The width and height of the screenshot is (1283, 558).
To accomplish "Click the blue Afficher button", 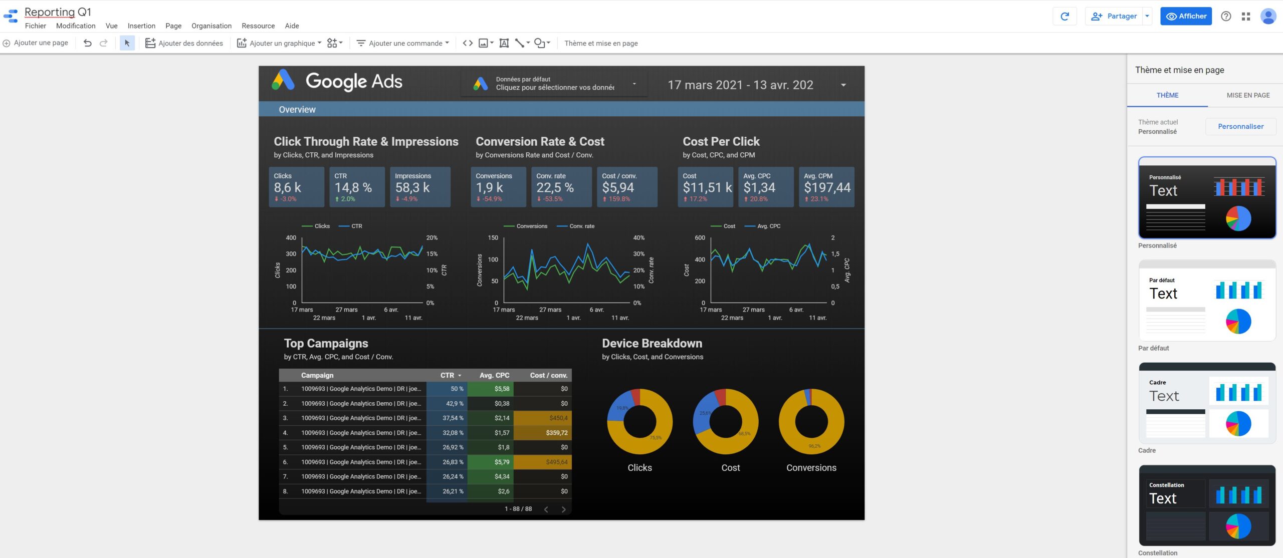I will point(1186,16).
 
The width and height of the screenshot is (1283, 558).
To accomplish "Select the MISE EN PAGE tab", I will point(1247,95).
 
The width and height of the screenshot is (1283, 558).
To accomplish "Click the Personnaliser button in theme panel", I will point(1240,126).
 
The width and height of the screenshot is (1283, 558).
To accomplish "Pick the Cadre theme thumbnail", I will point(1207,403).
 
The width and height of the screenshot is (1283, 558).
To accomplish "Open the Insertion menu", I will point(141,26).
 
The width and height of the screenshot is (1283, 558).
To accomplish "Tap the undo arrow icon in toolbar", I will point(87,43).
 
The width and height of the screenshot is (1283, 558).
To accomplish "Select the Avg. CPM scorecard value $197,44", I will point(827,187).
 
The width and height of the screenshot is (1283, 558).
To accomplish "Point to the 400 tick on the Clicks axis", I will point(291,237).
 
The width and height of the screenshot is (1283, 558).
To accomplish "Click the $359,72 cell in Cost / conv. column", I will point(556,433).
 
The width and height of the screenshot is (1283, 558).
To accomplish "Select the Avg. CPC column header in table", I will point(494,375).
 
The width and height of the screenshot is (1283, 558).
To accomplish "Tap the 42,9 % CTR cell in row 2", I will point(454,403).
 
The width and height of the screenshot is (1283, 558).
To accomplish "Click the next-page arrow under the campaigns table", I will point(563,509).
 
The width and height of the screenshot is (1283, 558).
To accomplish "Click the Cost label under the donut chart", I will point(730,467).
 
